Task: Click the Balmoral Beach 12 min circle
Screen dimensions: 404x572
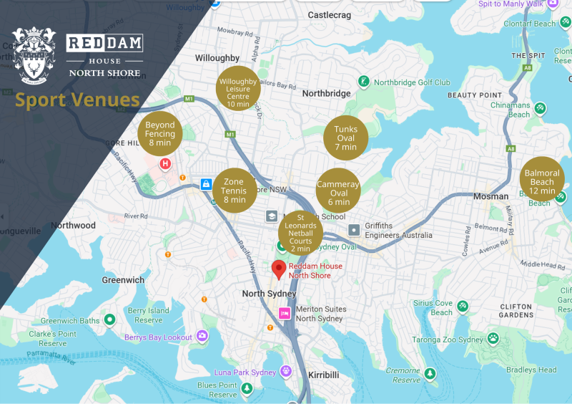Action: pos(542,178)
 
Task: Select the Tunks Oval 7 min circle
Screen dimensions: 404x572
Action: pos(346,138)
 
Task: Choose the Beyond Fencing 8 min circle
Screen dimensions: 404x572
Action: pos(160,133)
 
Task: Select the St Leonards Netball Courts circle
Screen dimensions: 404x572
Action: pos(300,231)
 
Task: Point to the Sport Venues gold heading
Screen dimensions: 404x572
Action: pos(77,100)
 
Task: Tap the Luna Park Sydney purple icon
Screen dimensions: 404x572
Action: pos(286,372)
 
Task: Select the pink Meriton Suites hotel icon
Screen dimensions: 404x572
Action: pos(285,313)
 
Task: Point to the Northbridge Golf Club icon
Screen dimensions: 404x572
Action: pos(364,82)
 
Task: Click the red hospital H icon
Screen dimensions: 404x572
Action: pos(166,164)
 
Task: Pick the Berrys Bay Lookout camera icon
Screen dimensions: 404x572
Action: pos(202,336)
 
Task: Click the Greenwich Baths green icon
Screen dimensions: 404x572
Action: pos(109,319)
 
